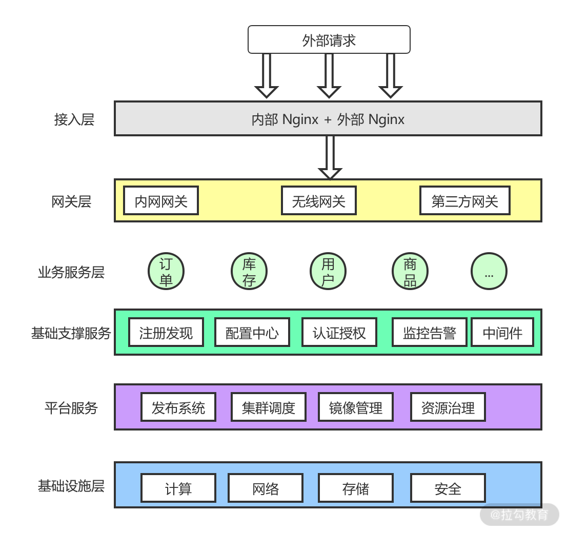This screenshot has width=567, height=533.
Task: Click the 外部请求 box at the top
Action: (x=329, y=40)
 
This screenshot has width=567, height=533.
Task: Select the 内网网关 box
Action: (x=161, y=201)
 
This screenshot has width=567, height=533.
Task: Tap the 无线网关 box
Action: (x=318, y=201)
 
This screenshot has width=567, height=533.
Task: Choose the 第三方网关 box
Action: (x=464, y=201)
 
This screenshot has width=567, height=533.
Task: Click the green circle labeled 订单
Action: (x=166, y=272)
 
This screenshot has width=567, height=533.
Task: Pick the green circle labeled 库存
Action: (x=249, y=272)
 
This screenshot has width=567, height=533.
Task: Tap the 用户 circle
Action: (x=328, y=272)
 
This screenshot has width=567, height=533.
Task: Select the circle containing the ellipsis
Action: (x=489, y=272)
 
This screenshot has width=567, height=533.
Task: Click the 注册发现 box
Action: (x=166, y=333)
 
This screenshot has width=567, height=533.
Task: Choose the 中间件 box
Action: (x=502, y=333)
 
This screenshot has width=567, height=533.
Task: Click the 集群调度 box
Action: (x=268, y=407)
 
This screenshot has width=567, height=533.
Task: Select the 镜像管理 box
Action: (x=355, y=407)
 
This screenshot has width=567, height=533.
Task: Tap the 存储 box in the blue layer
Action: (x=355, y=488)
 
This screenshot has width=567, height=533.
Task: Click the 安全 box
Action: (x=448, y=488)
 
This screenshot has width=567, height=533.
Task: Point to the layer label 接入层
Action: (x=74, y=119)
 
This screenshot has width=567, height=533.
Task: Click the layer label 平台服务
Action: (x=71, y=408)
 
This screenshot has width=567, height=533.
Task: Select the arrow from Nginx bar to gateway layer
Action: (x=330, y=156)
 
